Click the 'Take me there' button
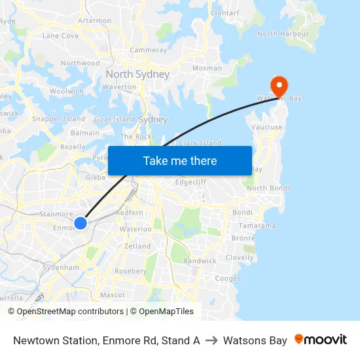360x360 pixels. (180, 160)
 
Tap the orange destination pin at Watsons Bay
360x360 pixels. (279, 86)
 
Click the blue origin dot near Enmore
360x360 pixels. (81, 223)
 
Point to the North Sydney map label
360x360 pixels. (137, 74)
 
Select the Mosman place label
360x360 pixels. (207, 68)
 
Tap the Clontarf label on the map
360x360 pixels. (225, 13)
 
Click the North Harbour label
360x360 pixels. (282, 34)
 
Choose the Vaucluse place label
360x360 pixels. (267, 127)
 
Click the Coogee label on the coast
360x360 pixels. (228, 278)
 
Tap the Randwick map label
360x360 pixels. (200, 261)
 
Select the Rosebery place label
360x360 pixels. (130, 271)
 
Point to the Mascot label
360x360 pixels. (113, 295)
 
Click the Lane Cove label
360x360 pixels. (60, 36)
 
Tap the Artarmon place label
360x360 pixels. (95, 20)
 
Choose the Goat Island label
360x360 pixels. (115, 120)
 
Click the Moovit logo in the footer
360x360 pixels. (321, 340)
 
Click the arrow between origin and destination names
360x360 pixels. (211, 340)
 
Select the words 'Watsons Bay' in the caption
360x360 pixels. (255, 340)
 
